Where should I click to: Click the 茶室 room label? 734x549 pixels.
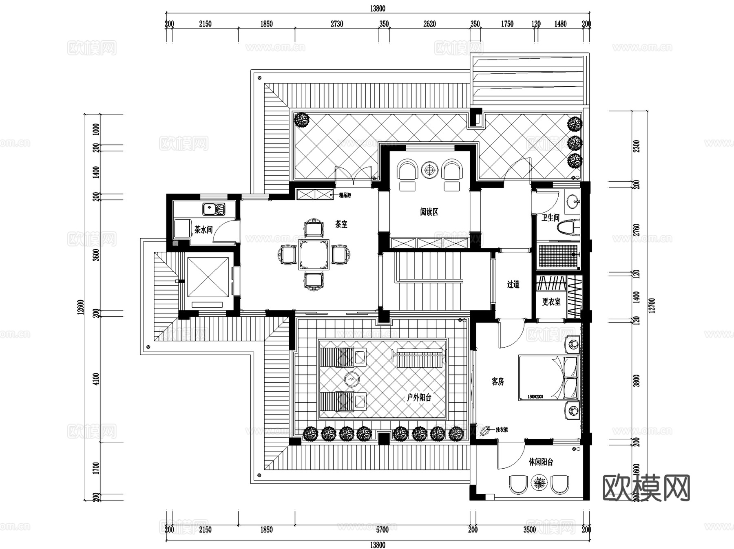coord(341,224)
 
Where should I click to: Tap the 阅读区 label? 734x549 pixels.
coord(429,212)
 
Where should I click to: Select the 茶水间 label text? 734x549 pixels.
coord(203,230)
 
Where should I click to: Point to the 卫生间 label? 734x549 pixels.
coord(550,218)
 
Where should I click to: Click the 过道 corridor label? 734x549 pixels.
coord(513,284)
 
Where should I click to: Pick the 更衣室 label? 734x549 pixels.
coord(551,302)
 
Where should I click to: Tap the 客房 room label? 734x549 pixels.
coord(497,382)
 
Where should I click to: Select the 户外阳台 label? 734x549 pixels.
coord(419,397)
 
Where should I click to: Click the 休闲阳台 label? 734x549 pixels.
coord(541,462)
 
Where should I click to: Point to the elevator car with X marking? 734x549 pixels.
coord(208,277)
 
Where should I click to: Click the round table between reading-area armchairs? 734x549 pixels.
coord(429,170)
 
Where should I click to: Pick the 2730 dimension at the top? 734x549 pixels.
coord(337,24)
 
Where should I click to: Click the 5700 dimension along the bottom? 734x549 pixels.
coord(382,530)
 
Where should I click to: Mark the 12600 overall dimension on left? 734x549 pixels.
coord(81,307)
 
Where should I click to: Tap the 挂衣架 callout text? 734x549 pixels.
coord(502,430)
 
